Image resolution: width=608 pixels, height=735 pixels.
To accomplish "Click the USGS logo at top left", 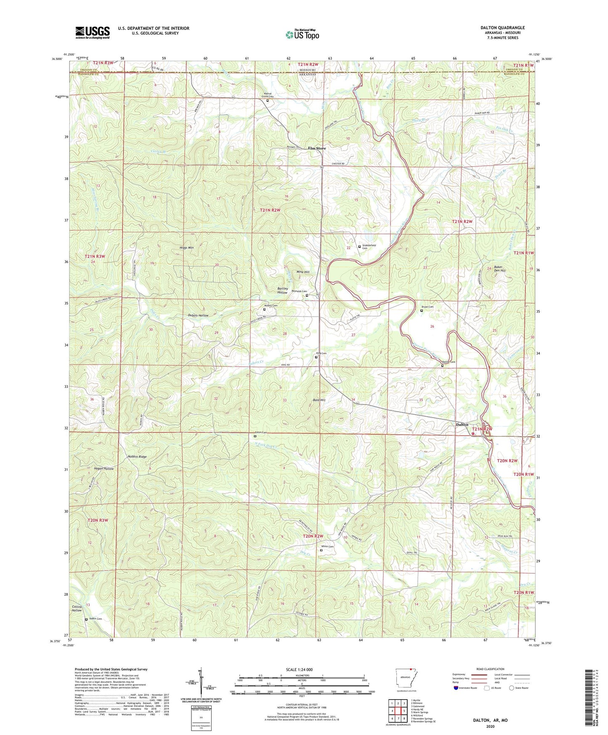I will tap(93, 32).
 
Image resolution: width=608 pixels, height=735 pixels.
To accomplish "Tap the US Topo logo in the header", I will tap(302, 35).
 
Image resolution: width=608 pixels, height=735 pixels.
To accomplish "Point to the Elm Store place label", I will tap(317, 148).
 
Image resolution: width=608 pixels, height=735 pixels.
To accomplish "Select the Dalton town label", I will tap(462, 425).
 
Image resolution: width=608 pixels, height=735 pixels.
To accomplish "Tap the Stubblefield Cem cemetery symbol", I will tap(359, 247).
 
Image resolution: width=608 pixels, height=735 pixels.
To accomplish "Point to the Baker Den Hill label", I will tap(499, 269).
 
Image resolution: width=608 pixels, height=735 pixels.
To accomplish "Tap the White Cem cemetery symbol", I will tap(321, 550).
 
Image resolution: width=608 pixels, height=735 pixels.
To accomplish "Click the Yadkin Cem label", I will tap(95, 619).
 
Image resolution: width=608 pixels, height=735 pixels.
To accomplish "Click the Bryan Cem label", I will tap(427, 307).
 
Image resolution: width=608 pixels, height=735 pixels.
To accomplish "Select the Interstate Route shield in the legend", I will tap(456, 688).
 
